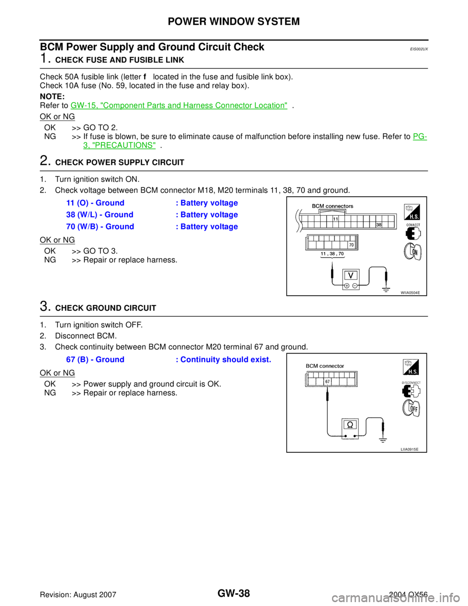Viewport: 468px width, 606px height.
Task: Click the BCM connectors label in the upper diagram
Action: [x=332, y=206]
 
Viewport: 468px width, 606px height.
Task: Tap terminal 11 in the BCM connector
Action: [x=336, y=220]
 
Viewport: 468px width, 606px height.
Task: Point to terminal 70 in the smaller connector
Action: [x=351, y=244]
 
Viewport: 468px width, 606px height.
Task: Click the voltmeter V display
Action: [x=351, y=275]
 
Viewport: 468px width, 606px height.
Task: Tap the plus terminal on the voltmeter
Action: [x=346, y=286]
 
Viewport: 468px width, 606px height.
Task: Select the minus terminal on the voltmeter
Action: [x=354, y=286]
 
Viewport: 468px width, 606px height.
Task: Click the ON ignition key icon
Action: [x=412, y=252]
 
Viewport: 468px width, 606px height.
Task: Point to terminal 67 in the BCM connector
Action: [x=328, y=382]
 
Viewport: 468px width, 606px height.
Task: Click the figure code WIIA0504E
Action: [x=410, y=292]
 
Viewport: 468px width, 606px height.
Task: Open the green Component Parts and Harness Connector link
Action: [x=179, y=105]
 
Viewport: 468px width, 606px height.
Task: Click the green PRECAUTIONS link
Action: [x=119, y=145]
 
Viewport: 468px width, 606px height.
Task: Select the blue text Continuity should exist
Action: [x=225, y=360]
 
